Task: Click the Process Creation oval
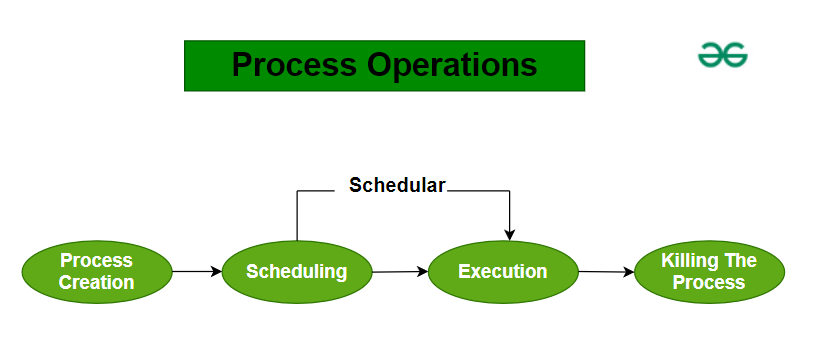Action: click(x=96, y=271)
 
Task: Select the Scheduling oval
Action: click(x=296, y=271)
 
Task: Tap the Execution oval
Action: click(x=502, y=271)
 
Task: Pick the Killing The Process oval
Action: click(x=709, y=271)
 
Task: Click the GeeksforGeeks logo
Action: click(x=722, y=57)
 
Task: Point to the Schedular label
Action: click(x=397, y=185)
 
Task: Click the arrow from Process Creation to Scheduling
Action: click(x=196, y=271)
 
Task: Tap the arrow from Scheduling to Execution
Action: click(x=399, y=271)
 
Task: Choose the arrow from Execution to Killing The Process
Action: click(x=606, y=271)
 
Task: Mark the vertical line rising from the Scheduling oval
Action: click(x=297, y=215)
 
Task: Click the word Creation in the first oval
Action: click(x=96, y=282)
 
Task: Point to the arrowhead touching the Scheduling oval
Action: click(x=216, y=271)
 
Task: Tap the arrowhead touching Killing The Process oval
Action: click(x=629, y=272)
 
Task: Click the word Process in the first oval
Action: click(x=96, y=260)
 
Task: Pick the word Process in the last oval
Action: click(x=709, y=282)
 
